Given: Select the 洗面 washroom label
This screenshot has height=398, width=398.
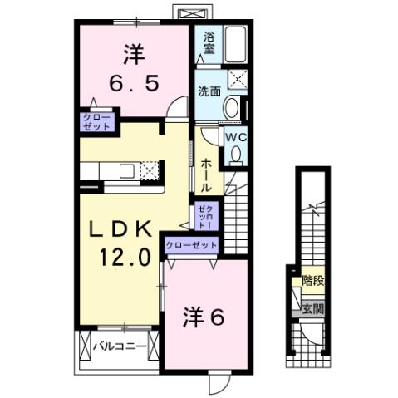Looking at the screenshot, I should pos(209,91).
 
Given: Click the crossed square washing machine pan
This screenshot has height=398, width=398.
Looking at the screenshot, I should pos(237,80).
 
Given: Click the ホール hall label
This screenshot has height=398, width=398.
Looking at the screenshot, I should pos(205,175).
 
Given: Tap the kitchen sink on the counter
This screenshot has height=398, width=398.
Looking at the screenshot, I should pos(126,171).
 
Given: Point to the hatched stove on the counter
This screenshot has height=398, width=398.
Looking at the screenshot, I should pos(150,171).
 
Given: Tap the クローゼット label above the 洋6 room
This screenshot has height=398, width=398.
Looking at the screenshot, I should pos(192,245).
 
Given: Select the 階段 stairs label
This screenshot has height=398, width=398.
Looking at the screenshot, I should pos(312,281).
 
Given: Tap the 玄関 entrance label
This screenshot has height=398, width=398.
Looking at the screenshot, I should pos(312,309).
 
